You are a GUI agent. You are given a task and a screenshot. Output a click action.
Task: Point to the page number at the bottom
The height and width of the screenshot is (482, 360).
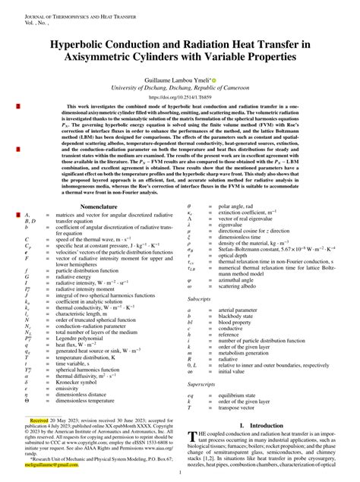click(180, 472)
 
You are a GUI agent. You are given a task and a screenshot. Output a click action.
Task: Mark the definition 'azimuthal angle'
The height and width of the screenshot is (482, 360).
click(237, 280)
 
